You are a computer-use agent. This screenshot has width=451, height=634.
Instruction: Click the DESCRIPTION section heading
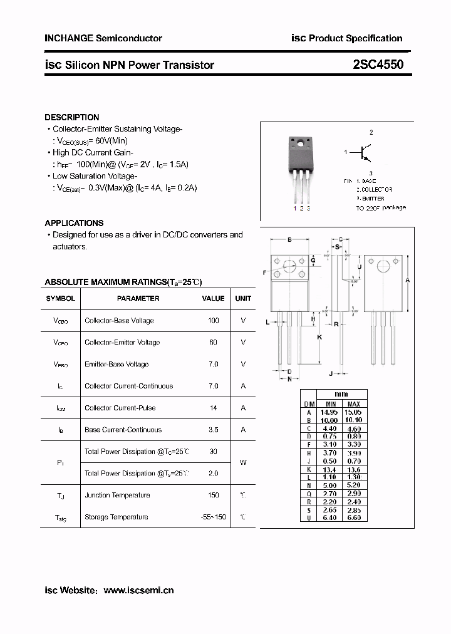tap(72, 117)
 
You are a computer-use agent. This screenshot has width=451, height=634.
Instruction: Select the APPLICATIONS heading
tap(74, 223)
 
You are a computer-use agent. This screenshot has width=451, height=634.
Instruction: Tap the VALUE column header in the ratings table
tap(213, 298)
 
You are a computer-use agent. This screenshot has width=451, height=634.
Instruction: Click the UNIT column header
tap(243, 298)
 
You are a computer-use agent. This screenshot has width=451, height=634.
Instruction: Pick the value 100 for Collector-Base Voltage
tap(213, 320)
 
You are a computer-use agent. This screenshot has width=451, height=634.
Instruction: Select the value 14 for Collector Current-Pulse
tap(213, 408)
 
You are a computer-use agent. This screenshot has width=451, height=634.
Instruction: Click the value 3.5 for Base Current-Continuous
tap(213, 430)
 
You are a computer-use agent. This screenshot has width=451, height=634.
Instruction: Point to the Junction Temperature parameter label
tap(117, 496)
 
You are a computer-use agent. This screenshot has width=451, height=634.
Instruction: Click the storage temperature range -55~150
tap(213, 517)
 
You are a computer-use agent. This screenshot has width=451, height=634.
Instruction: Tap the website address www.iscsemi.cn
tap(138, 590)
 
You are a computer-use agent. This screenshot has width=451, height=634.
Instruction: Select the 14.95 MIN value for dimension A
tap(329, 412)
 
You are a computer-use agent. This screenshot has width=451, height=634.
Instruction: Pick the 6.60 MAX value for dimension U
tap(353, 517)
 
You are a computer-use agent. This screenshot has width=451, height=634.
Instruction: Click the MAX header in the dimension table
tap(353, 404)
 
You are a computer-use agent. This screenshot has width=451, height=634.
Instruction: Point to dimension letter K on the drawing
tap(319, 337)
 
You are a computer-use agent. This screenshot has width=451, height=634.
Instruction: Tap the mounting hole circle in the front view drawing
tap(289, 266)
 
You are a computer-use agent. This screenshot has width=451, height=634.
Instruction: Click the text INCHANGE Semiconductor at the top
tap(103, 38)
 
